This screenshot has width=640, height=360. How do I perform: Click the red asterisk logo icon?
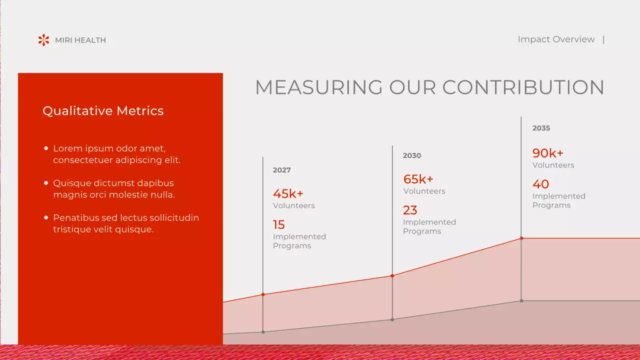pos(44,40)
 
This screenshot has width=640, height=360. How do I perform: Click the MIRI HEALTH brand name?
pos(80,40)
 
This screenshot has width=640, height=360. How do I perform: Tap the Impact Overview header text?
pos(556,39)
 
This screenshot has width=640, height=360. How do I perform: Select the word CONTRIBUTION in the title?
pos(523,87)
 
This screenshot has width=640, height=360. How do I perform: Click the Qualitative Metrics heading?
pos(103,111)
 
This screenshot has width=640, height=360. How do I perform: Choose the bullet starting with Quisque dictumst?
pos(114,189)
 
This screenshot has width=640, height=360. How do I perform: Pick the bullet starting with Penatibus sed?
pos(125,223)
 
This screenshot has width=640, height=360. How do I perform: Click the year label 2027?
pos(281,170)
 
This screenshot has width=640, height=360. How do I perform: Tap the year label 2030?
pos(412,155)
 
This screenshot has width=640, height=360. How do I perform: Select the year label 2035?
pos(541,128)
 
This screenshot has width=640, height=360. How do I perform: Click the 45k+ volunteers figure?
pos(288,193)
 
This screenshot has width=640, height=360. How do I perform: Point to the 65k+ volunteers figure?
pos(418,179)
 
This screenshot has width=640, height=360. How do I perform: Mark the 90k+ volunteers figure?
pos(547,153)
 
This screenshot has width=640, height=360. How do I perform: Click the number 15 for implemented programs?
pos(278,225)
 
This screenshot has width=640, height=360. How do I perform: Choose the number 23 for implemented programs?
pos(410,210)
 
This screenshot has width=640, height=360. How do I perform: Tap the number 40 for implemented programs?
pos(540,184)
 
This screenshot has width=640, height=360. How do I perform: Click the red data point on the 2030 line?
pos(392,275)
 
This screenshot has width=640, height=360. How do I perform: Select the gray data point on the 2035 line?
pos(521,300)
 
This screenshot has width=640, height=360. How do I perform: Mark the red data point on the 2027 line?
pos(263,294)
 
